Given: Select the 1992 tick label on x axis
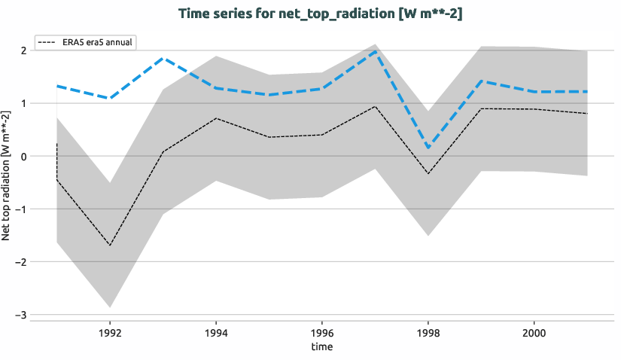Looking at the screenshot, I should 110,331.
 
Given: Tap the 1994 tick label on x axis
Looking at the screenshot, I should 216,331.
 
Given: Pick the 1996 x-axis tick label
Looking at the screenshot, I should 322,331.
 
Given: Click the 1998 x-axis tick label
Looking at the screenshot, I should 428,331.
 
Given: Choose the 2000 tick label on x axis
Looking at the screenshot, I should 534,331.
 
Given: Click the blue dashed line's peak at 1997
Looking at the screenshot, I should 375,51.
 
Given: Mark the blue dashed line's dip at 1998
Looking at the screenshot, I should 428,148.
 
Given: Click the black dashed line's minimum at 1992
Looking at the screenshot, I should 110,246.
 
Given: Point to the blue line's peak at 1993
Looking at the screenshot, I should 163,58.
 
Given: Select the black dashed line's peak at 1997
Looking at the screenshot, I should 375,106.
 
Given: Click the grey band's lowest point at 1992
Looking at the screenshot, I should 110,307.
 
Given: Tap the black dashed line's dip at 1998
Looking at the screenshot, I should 428,174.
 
